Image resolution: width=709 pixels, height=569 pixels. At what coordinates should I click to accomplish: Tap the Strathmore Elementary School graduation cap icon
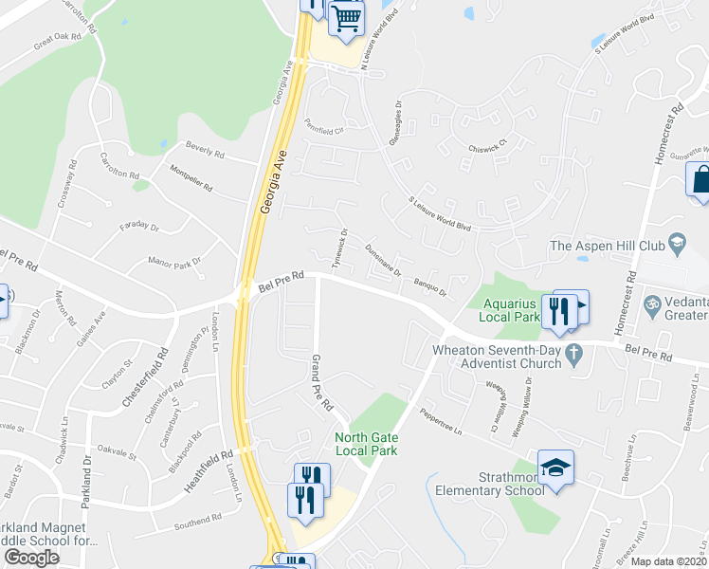click(x=555, y=468)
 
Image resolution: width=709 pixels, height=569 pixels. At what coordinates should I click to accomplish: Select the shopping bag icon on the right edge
click(x=700, y=180)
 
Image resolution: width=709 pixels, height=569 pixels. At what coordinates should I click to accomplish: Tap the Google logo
click(x=31, y=558)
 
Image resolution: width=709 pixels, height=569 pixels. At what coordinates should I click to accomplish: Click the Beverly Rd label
click(x=205, y=152)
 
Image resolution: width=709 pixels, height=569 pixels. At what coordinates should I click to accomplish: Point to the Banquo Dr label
click(x=430, y=284)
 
